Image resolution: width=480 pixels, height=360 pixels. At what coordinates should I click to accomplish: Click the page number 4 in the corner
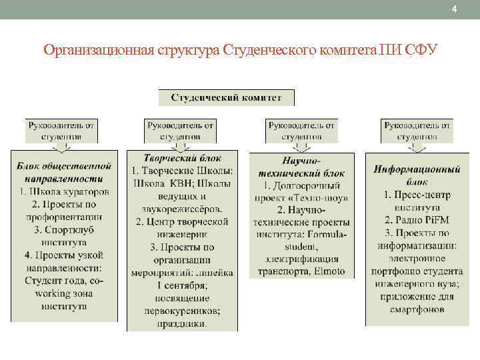click(x=454, y=9)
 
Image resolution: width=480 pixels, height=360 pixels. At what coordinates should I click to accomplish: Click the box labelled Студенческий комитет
click(x=226, y=97)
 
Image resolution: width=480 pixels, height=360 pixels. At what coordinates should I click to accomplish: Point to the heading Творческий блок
click(x=183, y=158)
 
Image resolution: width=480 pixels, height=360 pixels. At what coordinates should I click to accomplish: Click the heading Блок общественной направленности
click(x=64, y=172)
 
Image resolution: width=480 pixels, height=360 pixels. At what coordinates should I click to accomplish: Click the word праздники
click(x=183, y=323)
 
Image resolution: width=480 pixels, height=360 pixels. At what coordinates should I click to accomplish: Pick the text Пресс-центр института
click(x=418, y=201)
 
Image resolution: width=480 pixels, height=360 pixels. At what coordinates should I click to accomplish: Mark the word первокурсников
click(x=183, y=311)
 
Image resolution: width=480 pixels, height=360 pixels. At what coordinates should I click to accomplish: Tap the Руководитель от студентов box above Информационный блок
click(x=418, y=130)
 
